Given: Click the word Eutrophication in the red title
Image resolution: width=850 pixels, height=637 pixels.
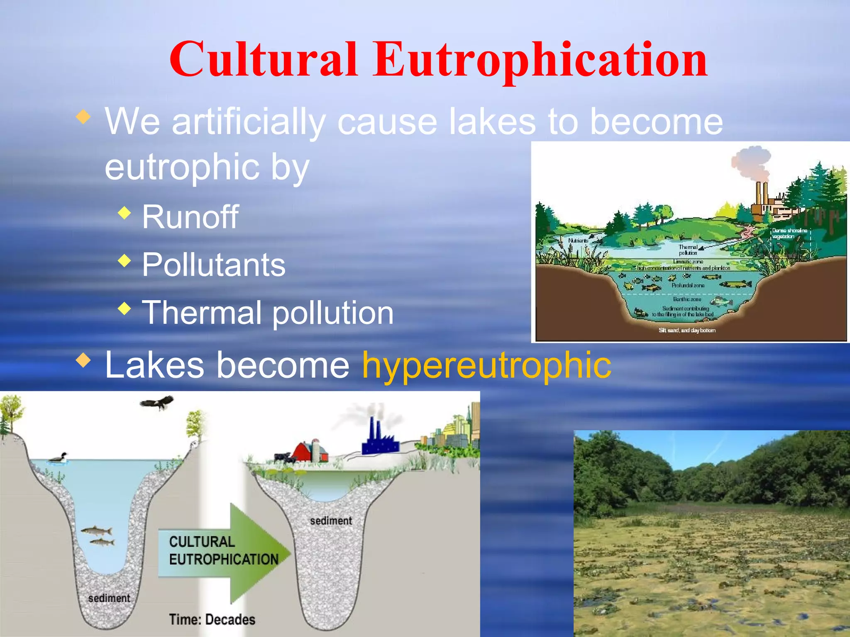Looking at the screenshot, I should pos(540,60).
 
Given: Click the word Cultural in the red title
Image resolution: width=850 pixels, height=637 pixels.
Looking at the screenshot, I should pos(263,60).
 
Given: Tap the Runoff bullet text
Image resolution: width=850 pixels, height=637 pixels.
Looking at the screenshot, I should pos(190,217).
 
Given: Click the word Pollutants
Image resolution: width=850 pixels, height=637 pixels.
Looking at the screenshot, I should pos(214,265).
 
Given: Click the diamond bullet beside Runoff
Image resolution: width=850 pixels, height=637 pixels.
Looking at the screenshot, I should pos(124,213).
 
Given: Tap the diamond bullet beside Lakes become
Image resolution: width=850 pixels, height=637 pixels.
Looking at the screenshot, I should pos(83,360).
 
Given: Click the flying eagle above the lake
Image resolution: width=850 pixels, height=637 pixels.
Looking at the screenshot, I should pos(157,402).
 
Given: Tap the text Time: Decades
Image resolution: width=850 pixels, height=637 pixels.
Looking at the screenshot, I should pos(212,620).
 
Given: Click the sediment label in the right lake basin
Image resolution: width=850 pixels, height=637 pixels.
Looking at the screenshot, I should pos(331,521).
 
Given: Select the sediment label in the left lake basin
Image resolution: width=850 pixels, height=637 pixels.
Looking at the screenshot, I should pos(109,598).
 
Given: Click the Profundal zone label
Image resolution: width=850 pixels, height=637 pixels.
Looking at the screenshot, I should pos(688,285).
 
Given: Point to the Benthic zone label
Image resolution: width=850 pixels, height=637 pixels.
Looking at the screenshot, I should pos(687,299).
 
